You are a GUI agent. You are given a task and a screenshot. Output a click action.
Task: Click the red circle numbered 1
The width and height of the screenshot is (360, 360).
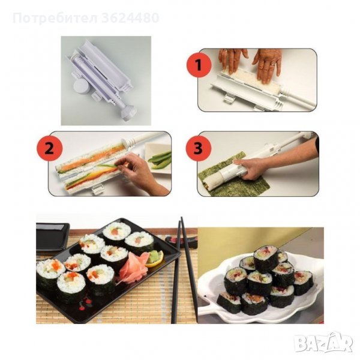pyautogui.click(x=199, y=65)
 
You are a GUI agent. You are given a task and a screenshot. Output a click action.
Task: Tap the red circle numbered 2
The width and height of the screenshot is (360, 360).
pyautogui.click(x=49, y=149)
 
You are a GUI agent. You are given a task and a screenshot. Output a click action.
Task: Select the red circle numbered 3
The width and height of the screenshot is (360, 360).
pyautogui.click(x=199, y=148)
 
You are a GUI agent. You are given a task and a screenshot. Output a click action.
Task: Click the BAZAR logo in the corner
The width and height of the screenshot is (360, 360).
pyautogui.click(x=324, y=343)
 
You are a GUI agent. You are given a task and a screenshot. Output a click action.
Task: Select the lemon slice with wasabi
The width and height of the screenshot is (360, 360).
pyautogui.click(x=154, y=259)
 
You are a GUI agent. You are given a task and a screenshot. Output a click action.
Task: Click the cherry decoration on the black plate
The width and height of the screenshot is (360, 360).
pyautogui.click(x=86, y=303)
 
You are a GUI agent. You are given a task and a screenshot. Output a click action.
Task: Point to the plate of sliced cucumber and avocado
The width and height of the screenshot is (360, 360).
pyautogui.click(x=158, y=157)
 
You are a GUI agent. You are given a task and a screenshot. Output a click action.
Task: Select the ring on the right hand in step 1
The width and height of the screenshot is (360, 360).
pyautogui.click(x=272, y=65)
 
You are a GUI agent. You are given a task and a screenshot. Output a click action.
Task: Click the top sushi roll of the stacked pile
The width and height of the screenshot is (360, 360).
pyautogui.click(x=266, y=259)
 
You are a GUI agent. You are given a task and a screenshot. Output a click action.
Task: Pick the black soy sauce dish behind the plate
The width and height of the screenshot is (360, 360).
pyautogui.click(x=52, y=236)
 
